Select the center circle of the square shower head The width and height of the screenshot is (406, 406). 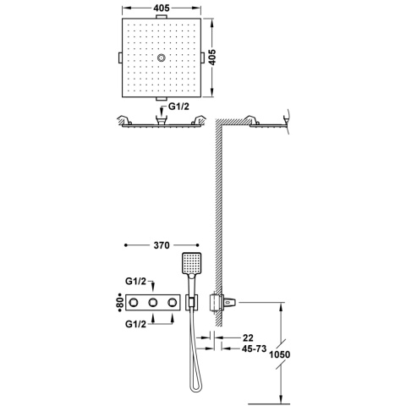(161, 58)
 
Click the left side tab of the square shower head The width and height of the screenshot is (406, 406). (117, 57)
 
